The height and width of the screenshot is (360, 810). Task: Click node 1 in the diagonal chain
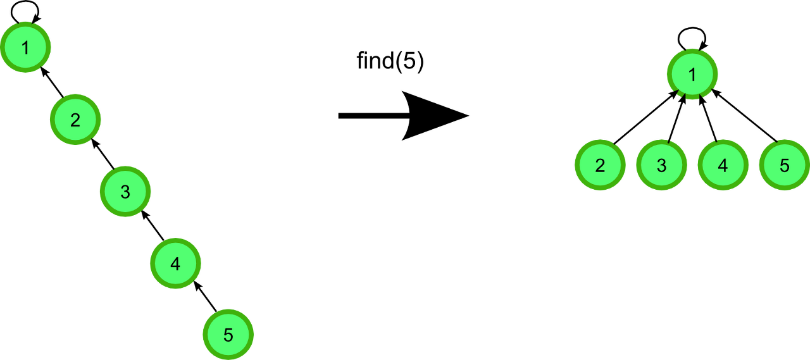[x=25, y=47]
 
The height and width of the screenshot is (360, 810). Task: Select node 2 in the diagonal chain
[x=75, y=120]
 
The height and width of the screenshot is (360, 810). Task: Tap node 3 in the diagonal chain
[x=125, y=191]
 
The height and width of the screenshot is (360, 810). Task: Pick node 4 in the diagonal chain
[x=175, y=263]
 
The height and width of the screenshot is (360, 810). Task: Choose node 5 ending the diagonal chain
[x=228, y=335]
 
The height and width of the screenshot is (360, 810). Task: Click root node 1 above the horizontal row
[x=692, y=75]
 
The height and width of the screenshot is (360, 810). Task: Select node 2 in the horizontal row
[x=600, y=165]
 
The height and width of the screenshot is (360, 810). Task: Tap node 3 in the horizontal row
[x=661, y=165]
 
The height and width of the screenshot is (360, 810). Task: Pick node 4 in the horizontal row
[x=723, y=165]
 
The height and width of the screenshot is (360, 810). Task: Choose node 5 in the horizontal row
[x=784, y=165]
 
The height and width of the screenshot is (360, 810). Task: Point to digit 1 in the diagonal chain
[x=25, y=47]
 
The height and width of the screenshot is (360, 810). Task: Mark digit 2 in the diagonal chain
[x=75, y=120]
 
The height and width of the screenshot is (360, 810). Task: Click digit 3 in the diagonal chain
[x=125, y=191]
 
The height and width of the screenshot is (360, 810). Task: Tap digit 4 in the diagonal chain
[x=175, y=263]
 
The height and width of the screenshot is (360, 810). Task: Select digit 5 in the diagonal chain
[x=228, y=335]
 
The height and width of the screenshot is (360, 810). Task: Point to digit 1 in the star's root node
[x=692, y=75]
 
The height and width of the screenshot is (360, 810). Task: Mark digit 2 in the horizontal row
[x=600, y=165]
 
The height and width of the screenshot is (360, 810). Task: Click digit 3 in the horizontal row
[x=661, y=165]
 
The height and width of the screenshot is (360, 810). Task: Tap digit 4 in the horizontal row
[x=723, y=165]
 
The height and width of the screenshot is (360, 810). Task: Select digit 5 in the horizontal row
[x=784, y=165]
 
